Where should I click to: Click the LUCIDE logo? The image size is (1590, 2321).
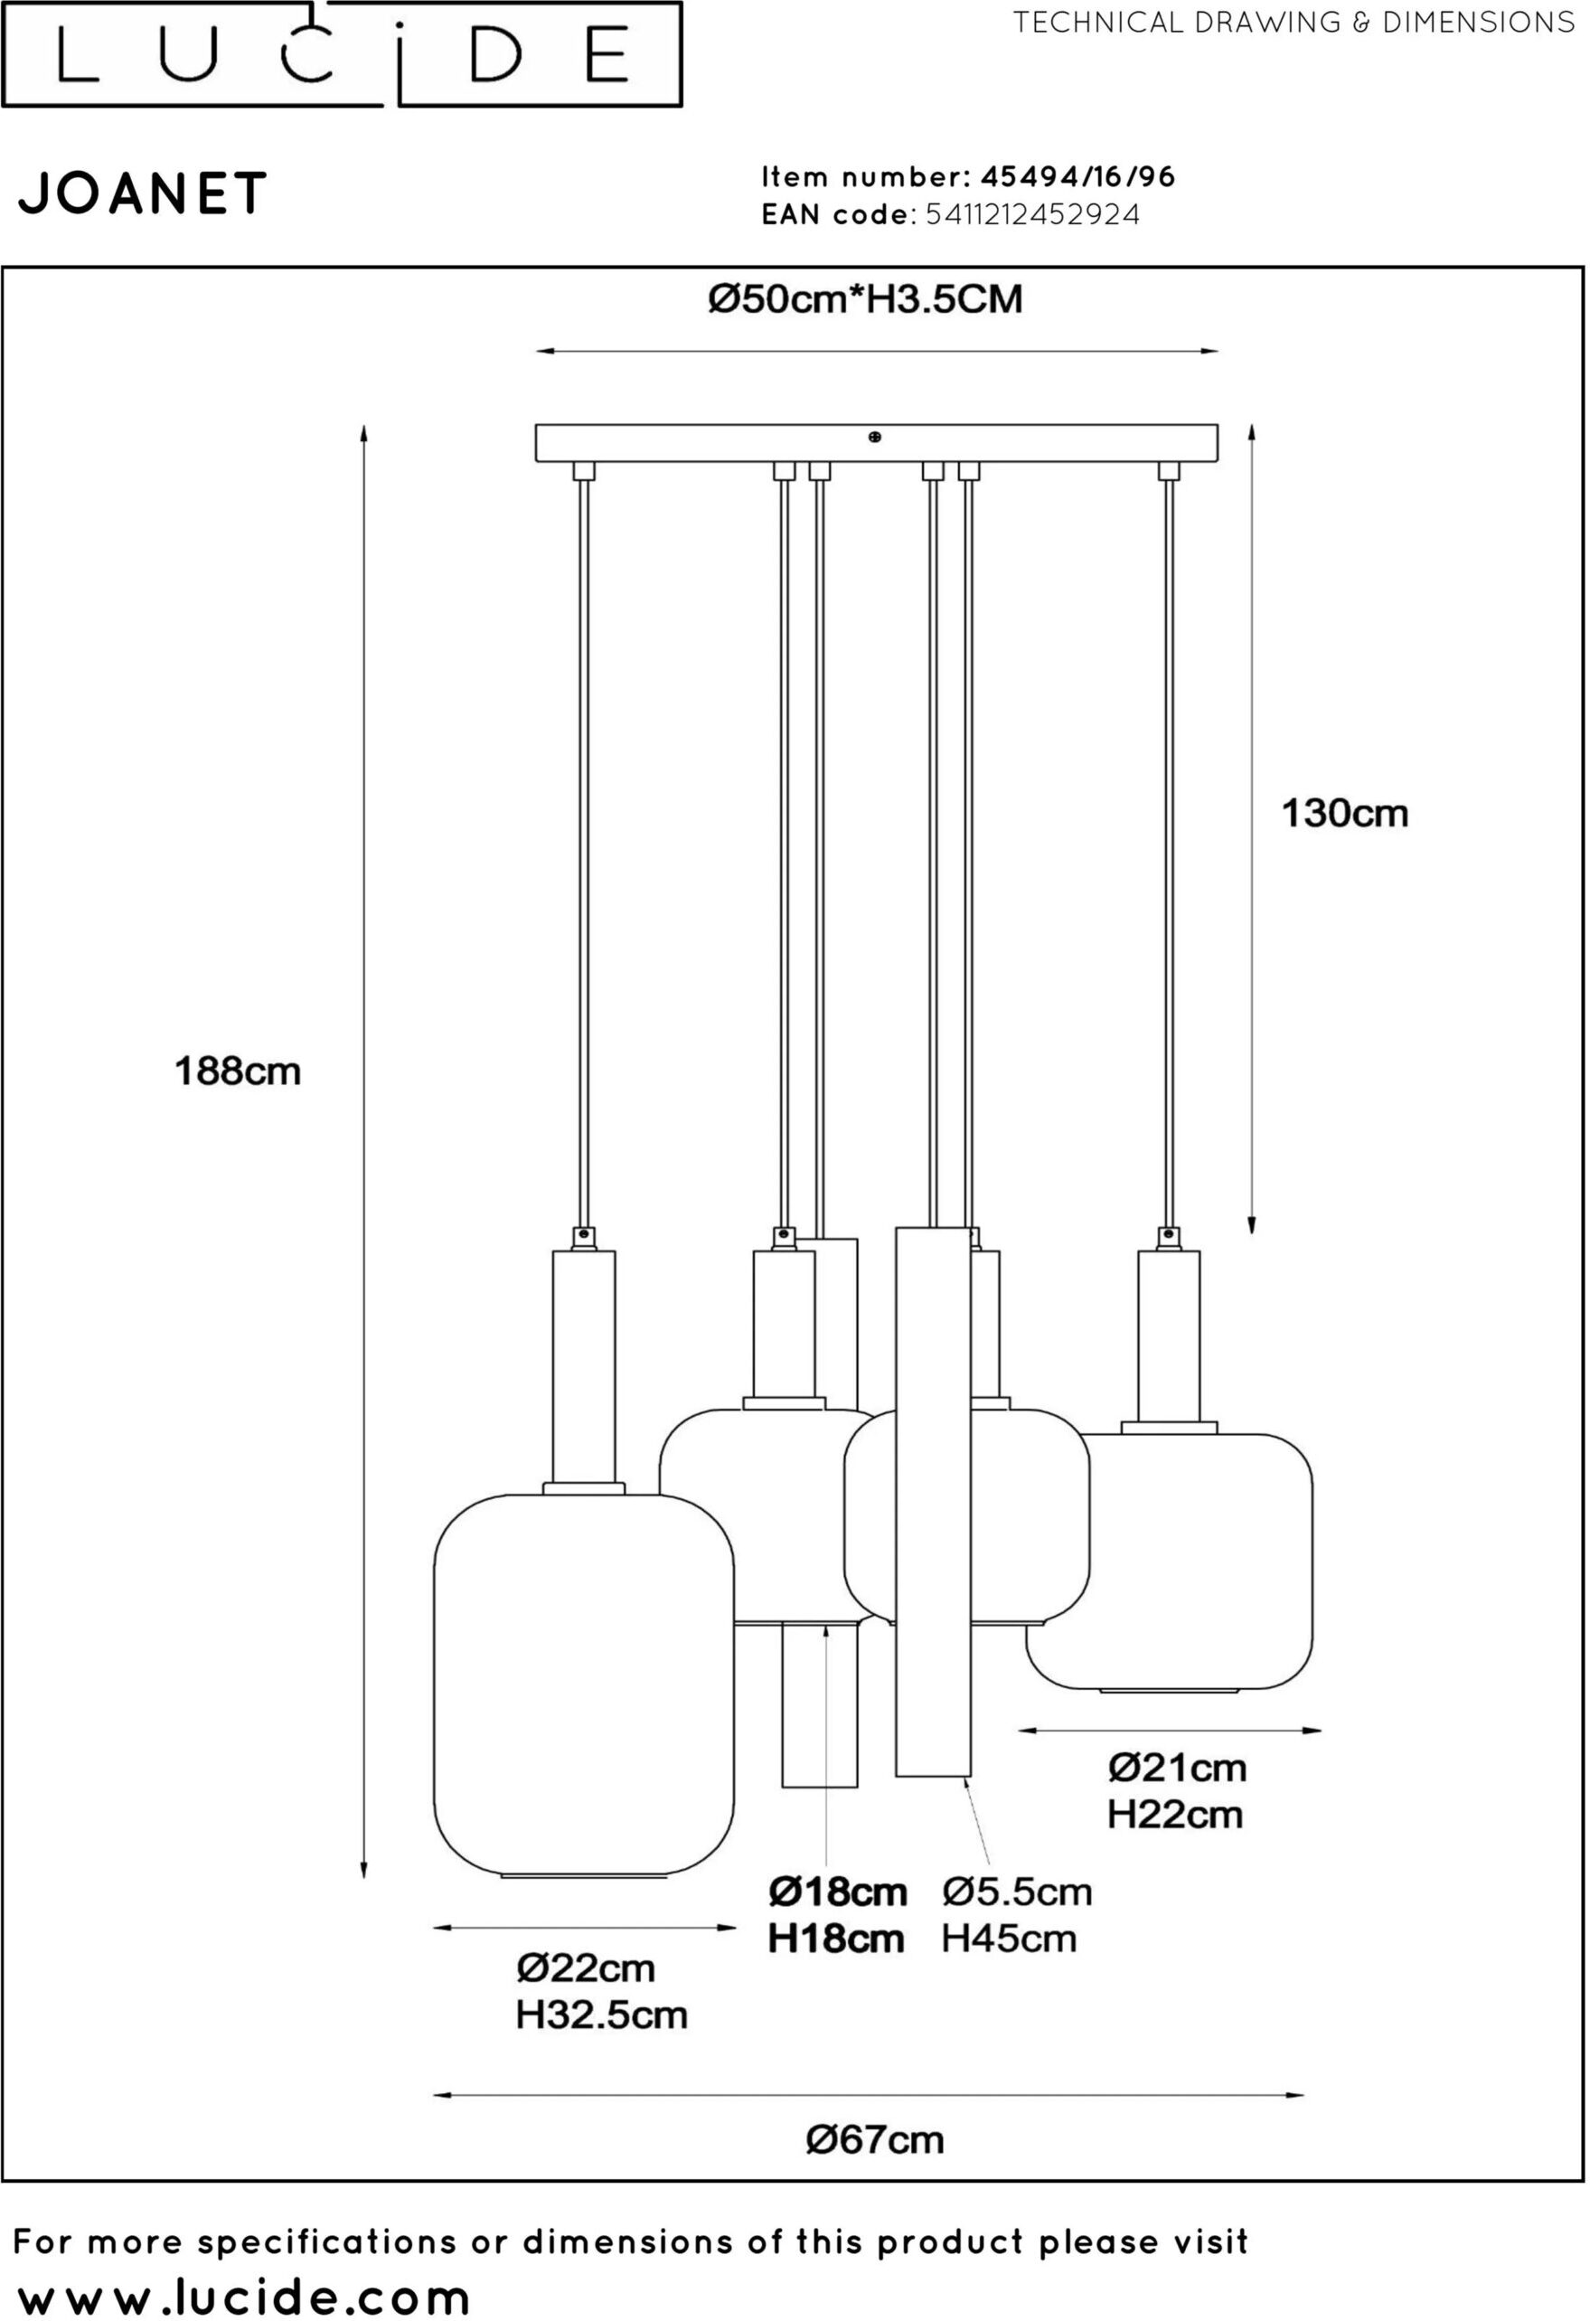342,54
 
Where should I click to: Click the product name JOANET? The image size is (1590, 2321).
143,193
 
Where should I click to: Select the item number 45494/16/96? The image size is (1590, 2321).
1077,177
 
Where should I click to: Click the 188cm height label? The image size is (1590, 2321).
238,1071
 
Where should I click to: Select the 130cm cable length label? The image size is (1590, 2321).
1344,814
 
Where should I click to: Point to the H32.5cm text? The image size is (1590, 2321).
601,2014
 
